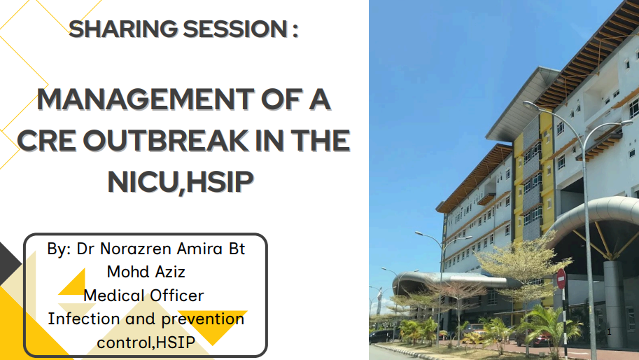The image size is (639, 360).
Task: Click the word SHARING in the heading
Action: [x=123, y=29]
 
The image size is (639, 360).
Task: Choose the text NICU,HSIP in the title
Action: [x=181, y=182]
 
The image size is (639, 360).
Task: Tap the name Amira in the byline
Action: [x=199, y=249]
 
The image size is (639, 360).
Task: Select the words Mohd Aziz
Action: [x=146, y=272]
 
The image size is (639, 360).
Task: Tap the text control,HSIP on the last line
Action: [x=146, y=342]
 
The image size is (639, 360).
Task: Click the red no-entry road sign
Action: [x=561, y=279]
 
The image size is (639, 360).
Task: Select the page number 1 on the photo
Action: [x=609, y=332]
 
